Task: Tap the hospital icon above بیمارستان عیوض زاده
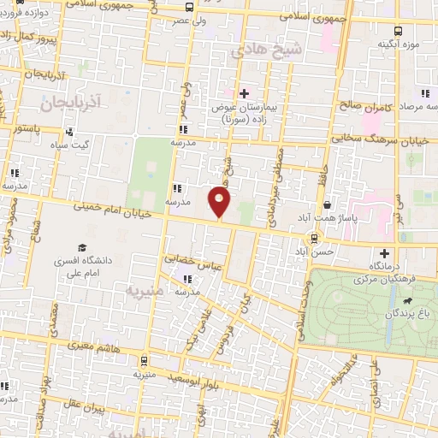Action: point(244,93)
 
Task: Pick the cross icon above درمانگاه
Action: point(385,253)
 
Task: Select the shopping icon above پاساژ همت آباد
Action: point(328,204)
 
